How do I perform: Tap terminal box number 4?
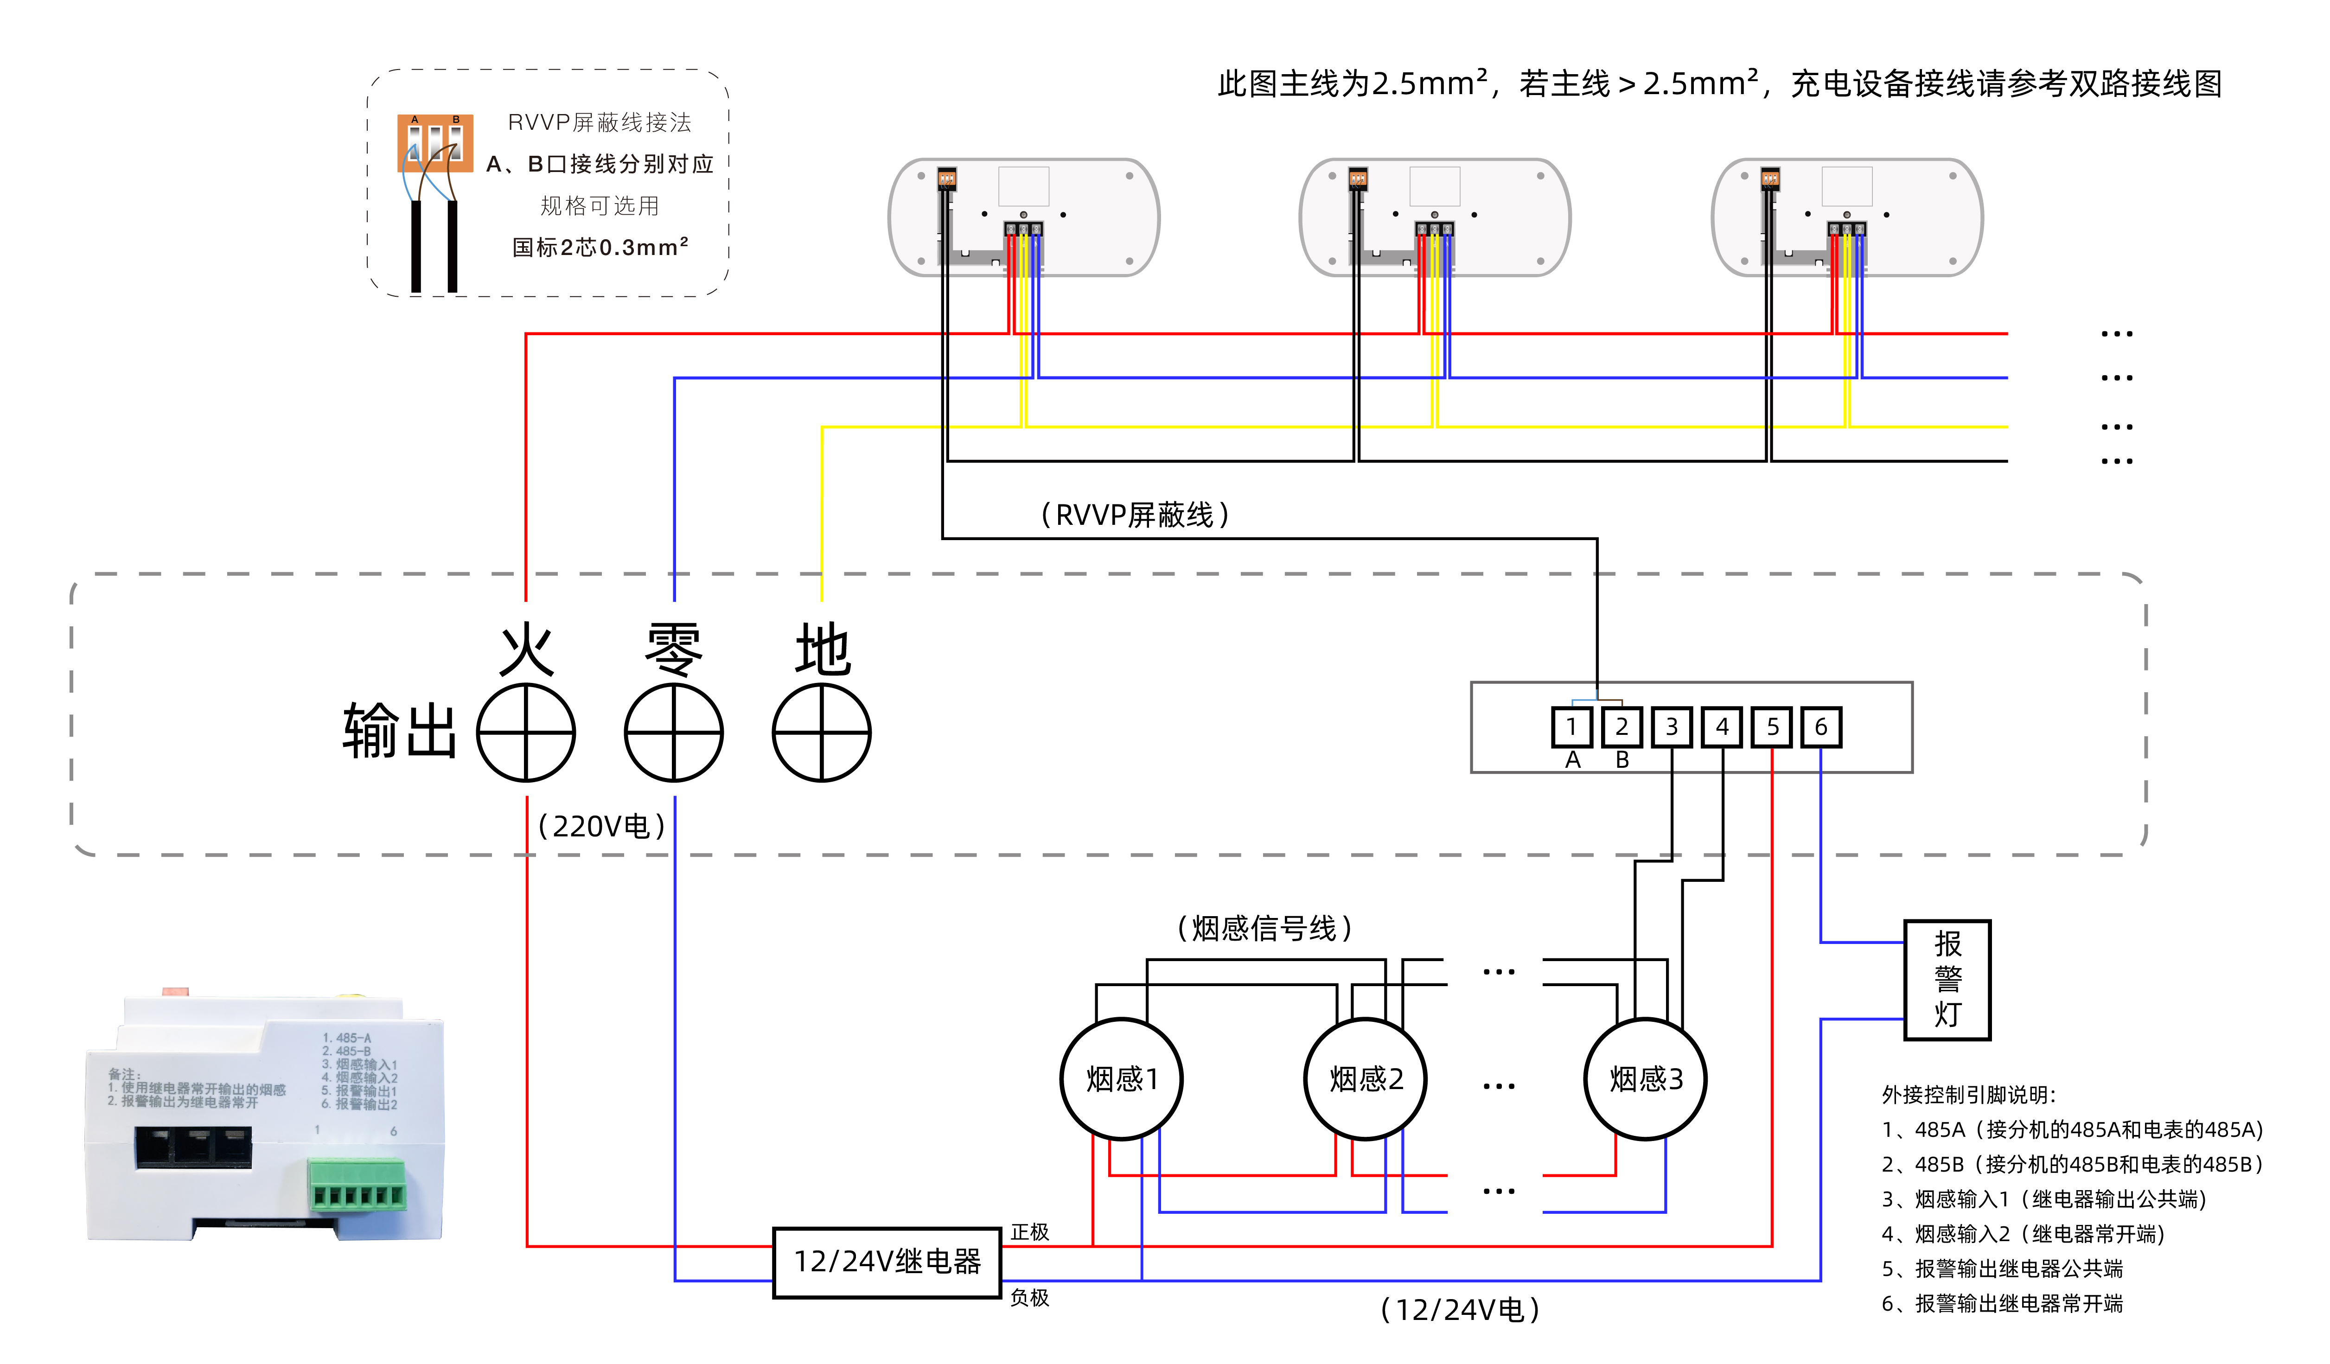click(1722, 727)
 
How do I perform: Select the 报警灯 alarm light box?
click(1947, 979)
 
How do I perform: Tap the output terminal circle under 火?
click(526, 733)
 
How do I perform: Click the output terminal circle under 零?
click(674, 733)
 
